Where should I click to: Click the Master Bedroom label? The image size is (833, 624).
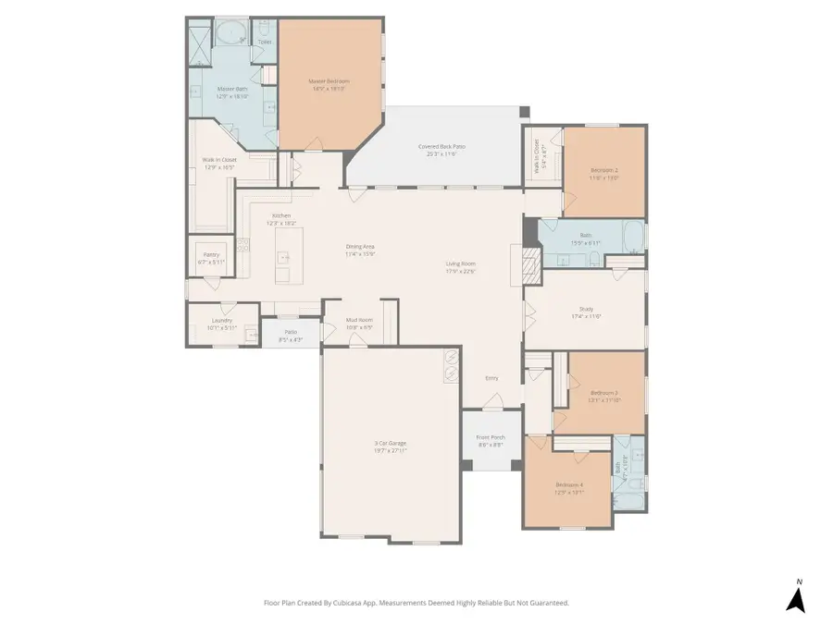point(329,81)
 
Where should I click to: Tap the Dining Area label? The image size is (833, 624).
point(360,247)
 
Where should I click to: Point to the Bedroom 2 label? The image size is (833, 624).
point(603,169)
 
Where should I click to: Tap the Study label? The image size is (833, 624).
point(586,310)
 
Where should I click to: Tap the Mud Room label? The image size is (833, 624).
point(358,321)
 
